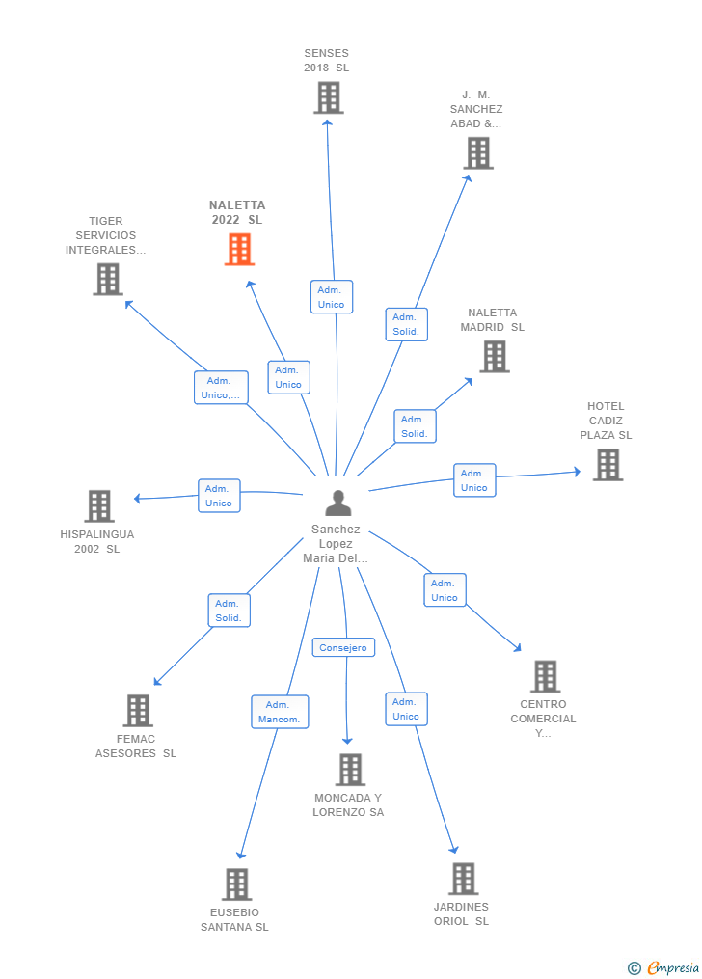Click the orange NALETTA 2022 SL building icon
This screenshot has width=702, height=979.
(239, 250)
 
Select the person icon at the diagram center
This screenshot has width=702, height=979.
(337, 503)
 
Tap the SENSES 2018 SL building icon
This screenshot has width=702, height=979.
(328, 97)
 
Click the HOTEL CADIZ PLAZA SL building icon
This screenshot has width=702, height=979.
(607, 465)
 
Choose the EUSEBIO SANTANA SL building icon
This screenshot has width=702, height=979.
(236, 884)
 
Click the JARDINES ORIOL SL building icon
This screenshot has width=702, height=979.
(463, 879)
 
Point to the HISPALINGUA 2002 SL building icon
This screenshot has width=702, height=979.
(98, 506)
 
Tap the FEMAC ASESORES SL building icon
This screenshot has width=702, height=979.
(138, 711)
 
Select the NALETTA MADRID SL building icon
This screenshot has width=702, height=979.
(494, 357)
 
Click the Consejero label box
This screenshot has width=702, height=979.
(343, 648)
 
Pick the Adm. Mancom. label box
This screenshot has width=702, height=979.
(280, 712)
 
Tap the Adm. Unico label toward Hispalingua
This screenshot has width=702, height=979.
(219, 496)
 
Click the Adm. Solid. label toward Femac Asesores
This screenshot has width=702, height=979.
(229, 611)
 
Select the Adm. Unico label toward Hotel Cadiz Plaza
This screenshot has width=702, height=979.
(474, 480)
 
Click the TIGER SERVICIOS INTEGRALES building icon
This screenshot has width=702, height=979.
(107, 280)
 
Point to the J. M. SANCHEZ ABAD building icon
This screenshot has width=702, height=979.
(477, 153)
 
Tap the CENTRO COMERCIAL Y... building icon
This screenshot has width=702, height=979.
(545, 677)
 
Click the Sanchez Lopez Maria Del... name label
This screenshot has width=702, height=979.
(336, 544)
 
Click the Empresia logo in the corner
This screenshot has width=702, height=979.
(665, 967)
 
